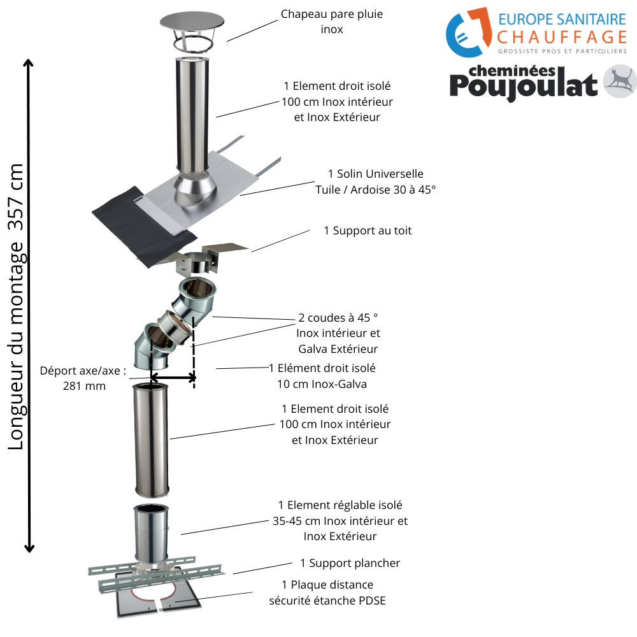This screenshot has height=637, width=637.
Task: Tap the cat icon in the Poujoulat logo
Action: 620,82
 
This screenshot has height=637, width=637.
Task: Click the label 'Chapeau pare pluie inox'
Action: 332,22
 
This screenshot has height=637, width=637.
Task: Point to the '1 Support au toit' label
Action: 368,231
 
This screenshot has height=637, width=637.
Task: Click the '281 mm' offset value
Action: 84,385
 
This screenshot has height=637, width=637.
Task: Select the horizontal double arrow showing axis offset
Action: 173,378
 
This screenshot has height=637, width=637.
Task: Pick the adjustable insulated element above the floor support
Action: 152,532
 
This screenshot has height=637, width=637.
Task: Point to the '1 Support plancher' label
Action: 350,563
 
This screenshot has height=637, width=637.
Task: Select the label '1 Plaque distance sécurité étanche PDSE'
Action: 327,592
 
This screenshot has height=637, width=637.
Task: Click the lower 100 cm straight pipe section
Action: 151,440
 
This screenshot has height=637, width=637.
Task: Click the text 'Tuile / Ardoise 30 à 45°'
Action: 375,189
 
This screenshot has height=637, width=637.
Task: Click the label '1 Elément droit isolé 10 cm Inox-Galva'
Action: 322,376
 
